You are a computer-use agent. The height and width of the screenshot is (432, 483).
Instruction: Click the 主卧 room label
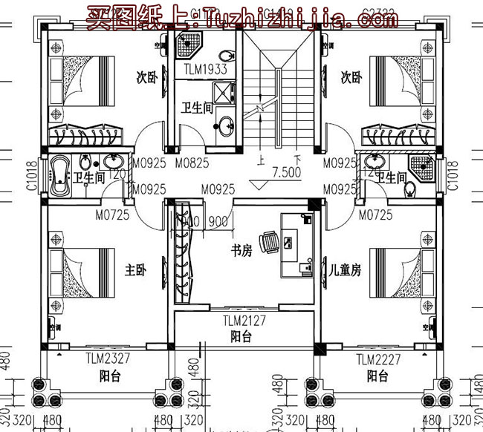click(x=137, y=271)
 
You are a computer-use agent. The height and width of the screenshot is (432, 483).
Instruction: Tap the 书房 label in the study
click(x=242, y=251)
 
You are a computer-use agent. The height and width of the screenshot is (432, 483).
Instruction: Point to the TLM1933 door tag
click(x=204, y=71)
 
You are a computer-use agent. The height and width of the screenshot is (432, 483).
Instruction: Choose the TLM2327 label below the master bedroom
click(x=108, y=359)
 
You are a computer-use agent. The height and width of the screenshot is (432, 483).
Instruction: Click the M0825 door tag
click(x=192, y=163)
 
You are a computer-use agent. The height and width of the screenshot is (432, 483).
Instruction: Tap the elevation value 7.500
click(x=286, y=172)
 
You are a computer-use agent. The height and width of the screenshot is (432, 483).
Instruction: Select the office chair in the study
click(x=273, y=240)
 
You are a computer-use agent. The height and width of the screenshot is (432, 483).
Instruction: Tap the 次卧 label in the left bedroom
click(x=146, y=77)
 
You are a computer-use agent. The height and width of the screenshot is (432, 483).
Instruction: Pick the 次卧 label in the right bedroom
click(x=351, y=77)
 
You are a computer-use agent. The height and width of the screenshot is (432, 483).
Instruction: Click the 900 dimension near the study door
click(x=217, y=221)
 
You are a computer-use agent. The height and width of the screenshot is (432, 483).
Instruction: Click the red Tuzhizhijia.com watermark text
click(x=241, y=17)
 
